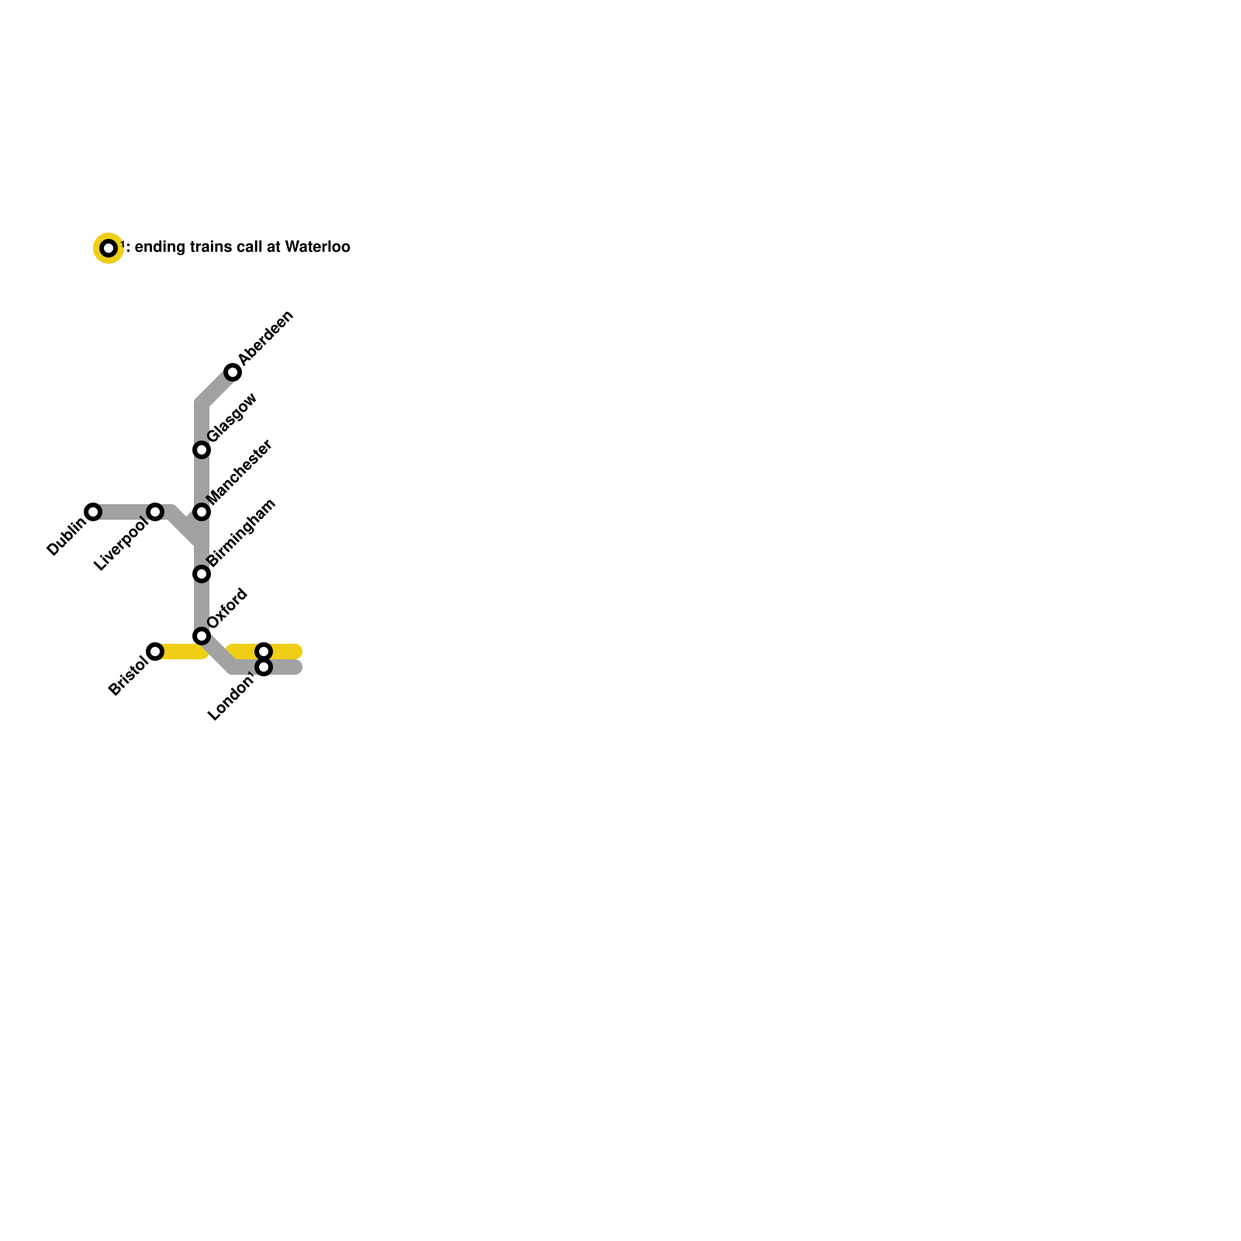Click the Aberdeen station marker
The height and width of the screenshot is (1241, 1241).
233,372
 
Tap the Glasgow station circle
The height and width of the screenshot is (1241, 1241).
202,450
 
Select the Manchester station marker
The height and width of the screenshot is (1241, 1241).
202,512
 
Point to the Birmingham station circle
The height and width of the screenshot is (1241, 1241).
202,574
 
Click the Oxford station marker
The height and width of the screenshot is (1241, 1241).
202,636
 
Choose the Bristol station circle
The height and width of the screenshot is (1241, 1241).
155,652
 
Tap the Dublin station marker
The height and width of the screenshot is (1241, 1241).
93,512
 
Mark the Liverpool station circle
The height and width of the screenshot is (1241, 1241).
155,512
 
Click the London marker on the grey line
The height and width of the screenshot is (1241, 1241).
264,668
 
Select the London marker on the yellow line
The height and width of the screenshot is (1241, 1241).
264,651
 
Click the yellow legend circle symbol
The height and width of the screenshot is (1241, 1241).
109,248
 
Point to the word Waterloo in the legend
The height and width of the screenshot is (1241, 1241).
317,247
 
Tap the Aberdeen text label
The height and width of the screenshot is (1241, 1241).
266,337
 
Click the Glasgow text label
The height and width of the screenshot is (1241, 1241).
232,418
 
